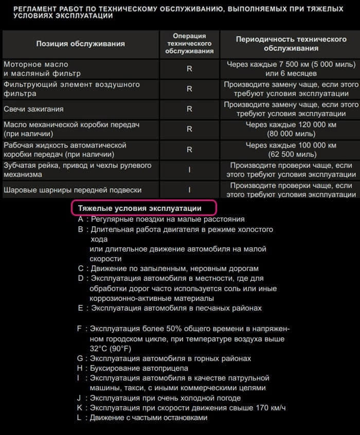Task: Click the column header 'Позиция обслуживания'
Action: pos(80,44)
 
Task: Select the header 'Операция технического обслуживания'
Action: pos(189,44)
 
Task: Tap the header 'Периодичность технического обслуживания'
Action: pos(291,44)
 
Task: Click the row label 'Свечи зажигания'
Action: pos(34,109)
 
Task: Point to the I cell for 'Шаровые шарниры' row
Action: pos(189,190)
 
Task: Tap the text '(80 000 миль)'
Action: pos(291,134)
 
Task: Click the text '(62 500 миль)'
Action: pos(291,154)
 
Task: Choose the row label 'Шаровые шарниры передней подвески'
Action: pos(73,190)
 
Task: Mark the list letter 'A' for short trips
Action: pos(80,219)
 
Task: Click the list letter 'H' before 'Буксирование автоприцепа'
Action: pos(80,368)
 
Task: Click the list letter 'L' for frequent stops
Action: pos(79,418)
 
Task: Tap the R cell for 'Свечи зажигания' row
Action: pos(189,109)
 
